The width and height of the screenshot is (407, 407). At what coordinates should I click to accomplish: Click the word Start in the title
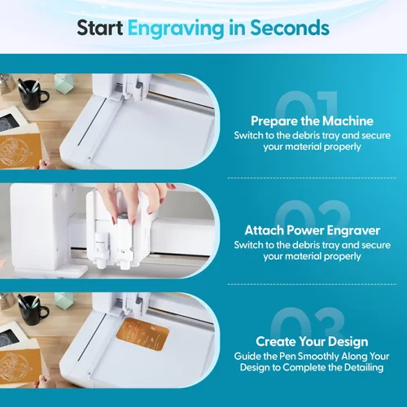(x=100, y=28)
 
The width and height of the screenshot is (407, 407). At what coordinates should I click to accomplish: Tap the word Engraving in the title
(x=176, y=29)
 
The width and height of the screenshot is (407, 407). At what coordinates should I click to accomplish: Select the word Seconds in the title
(x=290, y=28)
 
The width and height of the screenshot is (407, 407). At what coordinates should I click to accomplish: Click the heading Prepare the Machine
(x=312, y=121)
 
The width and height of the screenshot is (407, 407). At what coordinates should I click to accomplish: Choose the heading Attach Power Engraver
(x=312, y=230)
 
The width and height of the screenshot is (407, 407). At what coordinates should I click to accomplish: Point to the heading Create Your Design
(x=312, y=342)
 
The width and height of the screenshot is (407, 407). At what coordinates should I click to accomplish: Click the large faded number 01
(x=307, y=104)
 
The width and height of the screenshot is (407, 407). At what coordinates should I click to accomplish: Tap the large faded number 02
(x=312, y=214)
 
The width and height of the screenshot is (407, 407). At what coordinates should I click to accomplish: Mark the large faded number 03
(x=308, y=322)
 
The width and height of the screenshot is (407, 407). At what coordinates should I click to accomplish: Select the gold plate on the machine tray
(x=142, y=334)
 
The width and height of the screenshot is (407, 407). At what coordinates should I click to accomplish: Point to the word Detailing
(x=364, y=368)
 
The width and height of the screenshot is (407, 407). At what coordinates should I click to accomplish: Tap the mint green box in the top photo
(x=63, y=83)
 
